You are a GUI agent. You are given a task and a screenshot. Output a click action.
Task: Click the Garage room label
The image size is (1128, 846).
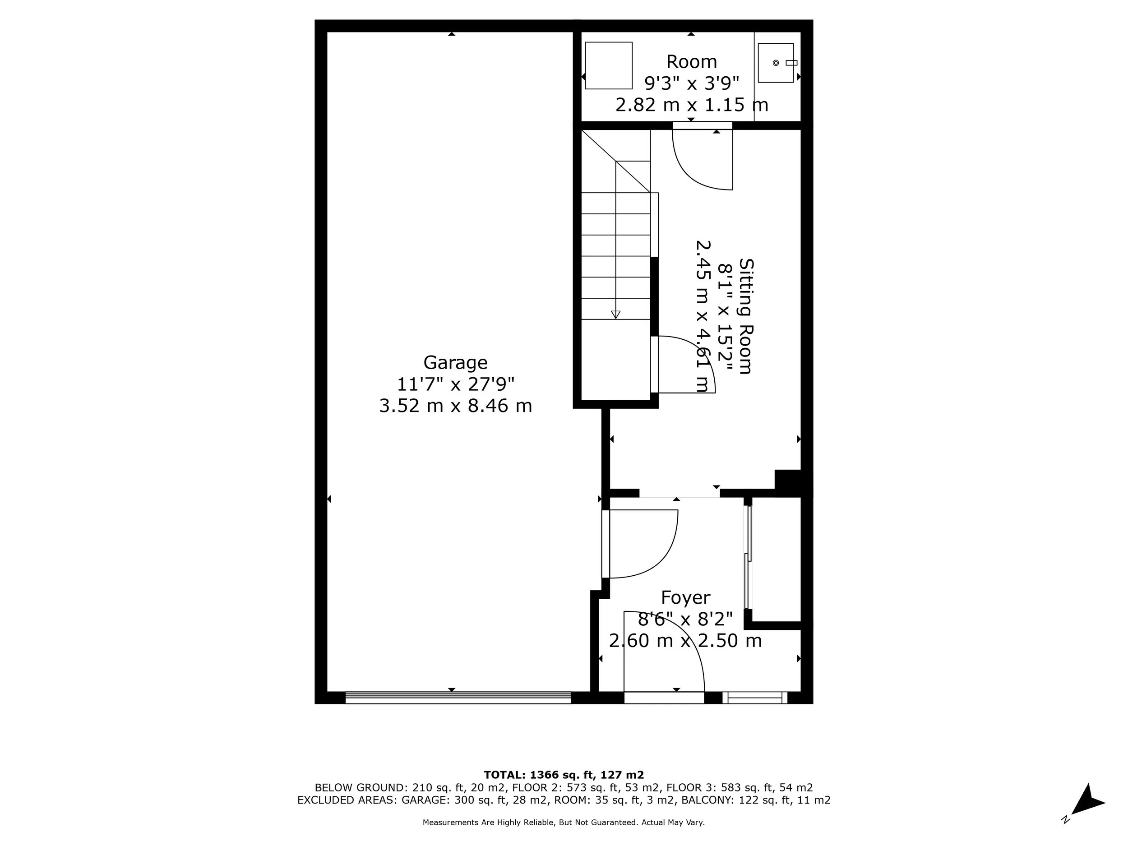[455, 363]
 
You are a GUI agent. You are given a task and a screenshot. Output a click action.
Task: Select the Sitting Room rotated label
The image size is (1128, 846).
[745, 316]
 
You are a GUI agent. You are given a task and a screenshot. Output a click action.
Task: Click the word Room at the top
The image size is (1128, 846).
[692, 62]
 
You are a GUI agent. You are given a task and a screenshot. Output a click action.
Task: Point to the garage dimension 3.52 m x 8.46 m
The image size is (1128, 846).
[455, 406]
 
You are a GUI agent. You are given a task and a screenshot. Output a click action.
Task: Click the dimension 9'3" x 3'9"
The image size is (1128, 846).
[692, 83]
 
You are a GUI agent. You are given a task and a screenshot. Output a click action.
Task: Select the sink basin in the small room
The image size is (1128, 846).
[775, 63]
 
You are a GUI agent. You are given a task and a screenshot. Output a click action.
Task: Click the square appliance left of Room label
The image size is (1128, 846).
[608, 65]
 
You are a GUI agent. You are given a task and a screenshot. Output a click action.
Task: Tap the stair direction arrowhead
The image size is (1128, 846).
[615, 314]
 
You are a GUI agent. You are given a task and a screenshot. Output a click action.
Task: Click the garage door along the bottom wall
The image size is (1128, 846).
[458, 698]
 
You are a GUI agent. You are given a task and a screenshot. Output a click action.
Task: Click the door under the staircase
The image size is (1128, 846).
[683, 365]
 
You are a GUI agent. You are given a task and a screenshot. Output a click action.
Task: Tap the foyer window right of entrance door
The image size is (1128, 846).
[755, 698]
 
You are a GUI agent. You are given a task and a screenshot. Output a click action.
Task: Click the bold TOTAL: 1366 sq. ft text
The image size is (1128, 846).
[564, 775]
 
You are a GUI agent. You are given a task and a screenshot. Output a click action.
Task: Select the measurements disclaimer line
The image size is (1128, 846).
[564, 823]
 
